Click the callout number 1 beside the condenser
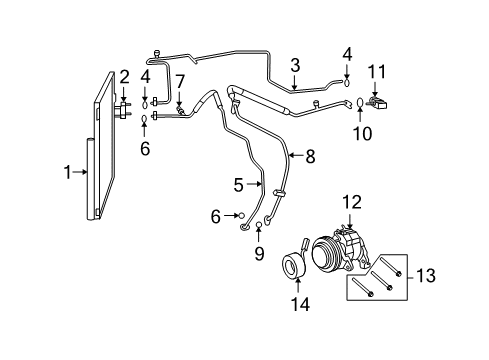coord(67,172)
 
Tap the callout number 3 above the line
coord(295,66)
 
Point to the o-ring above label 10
coord(360,102)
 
